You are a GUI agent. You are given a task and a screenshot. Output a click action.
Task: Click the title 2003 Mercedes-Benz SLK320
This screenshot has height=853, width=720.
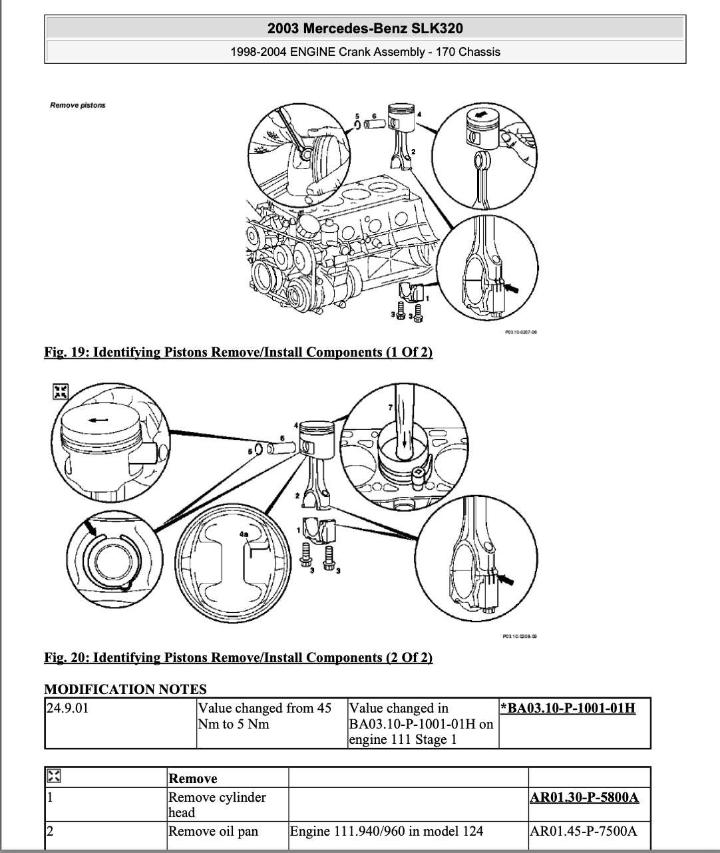point(365,29)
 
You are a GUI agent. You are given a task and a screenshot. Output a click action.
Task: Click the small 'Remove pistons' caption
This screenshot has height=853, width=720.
point(78,105)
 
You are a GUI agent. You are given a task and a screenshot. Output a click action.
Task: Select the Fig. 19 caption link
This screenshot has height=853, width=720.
point(238,352)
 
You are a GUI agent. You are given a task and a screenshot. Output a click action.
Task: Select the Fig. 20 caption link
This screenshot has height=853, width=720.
point(238,657)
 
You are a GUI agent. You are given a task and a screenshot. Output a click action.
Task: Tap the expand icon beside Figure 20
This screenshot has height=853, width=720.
point(61,392)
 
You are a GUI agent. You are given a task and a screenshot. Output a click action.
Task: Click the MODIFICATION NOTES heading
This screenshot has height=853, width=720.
point(125,689)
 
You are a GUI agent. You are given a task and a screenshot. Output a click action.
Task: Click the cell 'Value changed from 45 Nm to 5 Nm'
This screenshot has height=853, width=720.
point(264,716)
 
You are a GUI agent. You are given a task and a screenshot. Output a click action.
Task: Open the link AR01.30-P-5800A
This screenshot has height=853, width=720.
point(584,797)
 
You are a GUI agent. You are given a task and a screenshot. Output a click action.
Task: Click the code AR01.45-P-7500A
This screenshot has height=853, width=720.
point(583,831)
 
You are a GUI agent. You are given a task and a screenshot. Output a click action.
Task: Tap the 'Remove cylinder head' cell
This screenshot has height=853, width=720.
point(216,804)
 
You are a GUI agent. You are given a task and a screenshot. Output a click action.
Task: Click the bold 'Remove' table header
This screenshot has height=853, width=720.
point(193,778)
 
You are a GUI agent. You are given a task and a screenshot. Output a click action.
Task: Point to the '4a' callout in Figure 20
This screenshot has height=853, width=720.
point(244,534)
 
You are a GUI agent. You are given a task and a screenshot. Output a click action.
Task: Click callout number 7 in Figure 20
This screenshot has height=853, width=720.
point(391,407)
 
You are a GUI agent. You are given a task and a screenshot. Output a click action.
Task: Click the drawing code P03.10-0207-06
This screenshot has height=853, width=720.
point(521,332)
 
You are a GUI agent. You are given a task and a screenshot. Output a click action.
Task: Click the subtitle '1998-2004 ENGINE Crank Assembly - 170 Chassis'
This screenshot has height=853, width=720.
point(365,52)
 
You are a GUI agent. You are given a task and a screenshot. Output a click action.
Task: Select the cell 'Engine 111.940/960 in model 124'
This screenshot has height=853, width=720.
point(387,831)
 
